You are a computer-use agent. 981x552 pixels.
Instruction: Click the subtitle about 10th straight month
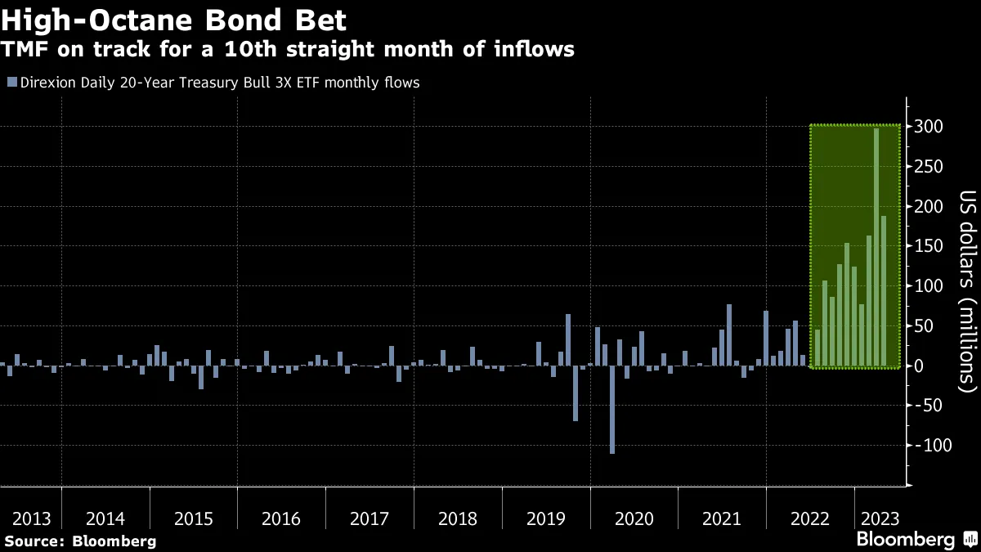[288, 50]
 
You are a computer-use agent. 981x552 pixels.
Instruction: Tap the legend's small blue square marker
[11, 83]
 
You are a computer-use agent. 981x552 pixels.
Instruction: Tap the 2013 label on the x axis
[31, 519]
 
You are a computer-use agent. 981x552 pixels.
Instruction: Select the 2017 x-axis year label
[369, 519]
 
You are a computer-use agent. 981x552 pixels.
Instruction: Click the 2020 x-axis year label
[634, 519]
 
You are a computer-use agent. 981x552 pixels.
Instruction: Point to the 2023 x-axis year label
[879, 519]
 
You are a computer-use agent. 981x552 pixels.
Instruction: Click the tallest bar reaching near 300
[876, 245]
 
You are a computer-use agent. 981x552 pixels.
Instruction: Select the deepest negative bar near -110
[611, 409]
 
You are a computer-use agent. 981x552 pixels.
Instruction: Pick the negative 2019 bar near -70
[576, 393]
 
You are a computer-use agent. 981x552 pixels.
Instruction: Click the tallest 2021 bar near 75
[729, 335]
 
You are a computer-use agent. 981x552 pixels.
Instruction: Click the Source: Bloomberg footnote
[80, 541]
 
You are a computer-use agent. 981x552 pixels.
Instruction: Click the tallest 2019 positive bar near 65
[568, 339]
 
